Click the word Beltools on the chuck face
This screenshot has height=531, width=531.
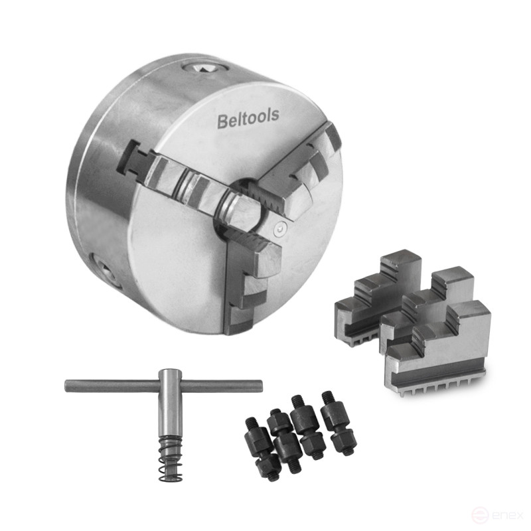click(x=248, y=118)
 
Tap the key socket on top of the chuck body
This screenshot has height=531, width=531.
click(x=206, y=69)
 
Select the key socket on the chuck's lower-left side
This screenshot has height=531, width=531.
click(x=104, y=270)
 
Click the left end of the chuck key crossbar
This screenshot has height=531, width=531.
click(x=66, y=386)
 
